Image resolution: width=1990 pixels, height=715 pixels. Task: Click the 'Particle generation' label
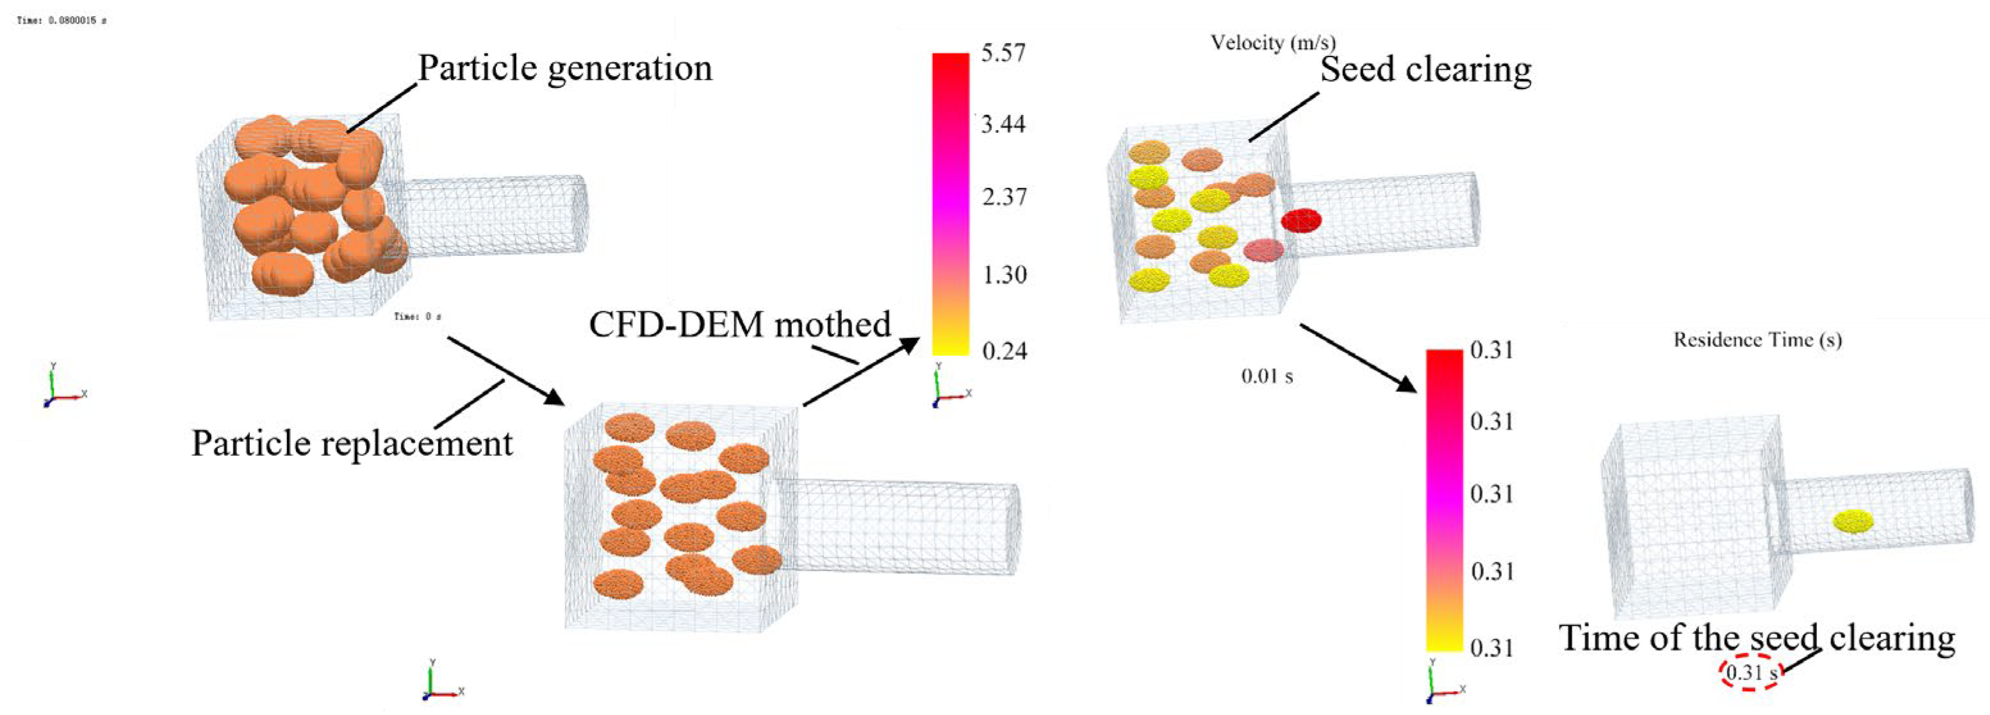click(564, 68)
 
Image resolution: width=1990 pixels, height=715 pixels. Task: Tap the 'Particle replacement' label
click(352, 444)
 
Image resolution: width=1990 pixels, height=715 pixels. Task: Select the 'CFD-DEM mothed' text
click(739, 324)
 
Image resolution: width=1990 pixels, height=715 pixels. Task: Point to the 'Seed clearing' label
click(1426, 69)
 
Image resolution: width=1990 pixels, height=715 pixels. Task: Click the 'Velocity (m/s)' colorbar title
click(1272, 42)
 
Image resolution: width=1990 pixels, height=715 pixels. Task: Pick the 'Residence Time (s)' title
click(1757, 340)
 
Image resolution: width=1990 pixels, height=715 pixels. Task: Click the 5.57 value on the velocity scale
click(1003, 53)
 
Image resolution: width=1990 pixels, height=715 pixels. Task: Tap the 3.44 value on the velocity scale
click(1003, 124)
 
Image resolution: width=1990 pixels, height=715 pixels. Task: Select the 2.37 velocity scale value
click(1004, 197)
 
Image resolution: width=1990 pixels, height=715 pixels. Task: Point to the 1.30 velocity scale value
click(1004, 275)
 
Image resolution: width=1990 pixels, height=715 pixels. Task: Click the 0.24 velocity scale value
click(1004, 351)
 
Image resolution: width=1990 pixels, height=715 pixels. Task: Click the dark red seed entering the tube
click(1301, 221)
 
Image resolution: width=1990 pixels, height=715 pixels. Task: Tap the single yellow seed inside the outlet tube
click(1854, 522)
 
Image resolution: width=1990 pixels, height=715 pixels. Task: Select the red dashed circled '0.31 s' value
click(1751, 673)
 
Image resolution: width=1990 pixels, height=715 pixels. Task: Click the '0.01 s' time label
click(1267, 376)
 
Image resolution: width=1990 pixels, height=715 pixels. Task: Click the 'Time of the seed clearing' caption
click(1757, 639)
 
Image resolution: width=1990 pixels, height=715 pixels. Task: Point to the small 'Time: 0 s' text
click(417, 316)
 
